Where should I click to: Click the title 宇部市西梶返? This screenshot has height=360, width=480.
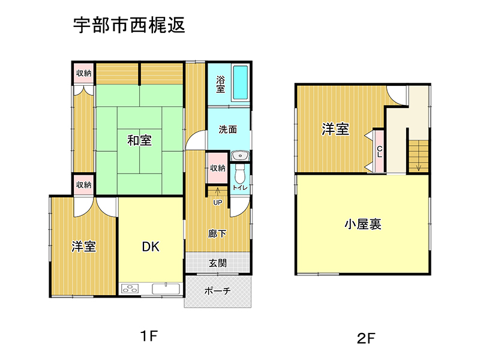click(129, 25)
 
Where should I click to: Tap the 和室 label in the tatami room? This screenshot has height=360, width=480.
click(140, 140)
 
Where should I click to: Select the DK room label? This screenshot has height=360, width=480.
click(151, 247)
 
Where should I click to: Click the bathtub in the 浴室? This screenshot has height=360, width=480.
click(241, 83)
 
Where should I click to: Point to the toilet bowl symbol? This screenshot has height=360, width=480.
click(239, 175)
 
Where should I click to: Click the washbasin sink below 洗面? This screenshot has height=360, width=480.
click(241, 155)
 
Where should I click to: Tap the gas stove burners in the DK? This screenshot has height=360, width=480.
click(130, 289)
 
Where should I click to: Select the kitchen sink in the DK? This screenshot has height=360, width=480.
click(166, 289)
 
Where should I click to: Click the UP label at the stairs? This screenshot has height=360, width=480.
click(218, 203)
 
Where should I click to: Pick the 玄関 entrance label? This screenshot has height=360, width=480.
click(218, 263)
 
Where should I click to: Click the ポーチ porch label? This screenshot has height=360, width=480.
click(217, 290)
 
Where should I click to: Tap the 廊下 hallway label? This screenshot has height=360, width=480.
click(217, 234)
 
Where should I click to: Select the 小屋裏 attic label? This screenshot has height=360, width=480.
click(363, 224)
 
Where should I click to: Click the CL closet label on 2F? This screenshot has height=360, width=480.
click(380, 151)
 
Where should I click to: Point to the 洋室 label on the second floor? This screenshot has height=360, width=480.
click(335, 129)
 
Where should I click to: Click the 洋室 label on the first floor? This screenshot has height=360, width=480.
click(84, 247)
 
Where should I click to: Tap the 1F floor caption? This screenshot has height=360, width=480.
click(149, 336)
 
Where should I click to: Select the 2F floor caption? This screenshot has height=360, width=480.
click(366, 338)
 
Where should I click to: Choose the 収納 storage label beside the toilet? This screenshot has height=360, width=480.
click(218, 168)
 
